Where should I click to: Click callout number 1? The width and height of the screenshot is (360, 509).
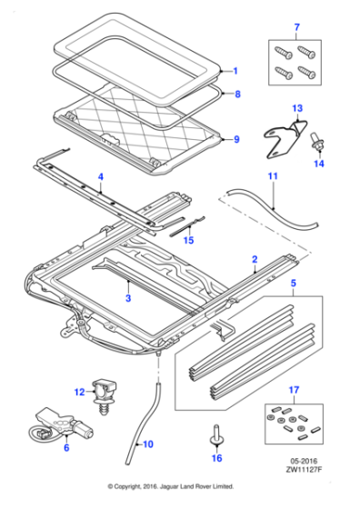(x=235, y=71)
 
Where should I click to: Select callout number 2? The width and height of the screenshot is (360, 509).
(x=255, y=260)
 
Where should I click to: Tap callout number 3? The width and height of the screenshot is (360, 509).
(x=128, y=297)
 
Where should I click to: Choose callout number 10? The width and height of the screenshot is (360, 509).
(x=139, y=444)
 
